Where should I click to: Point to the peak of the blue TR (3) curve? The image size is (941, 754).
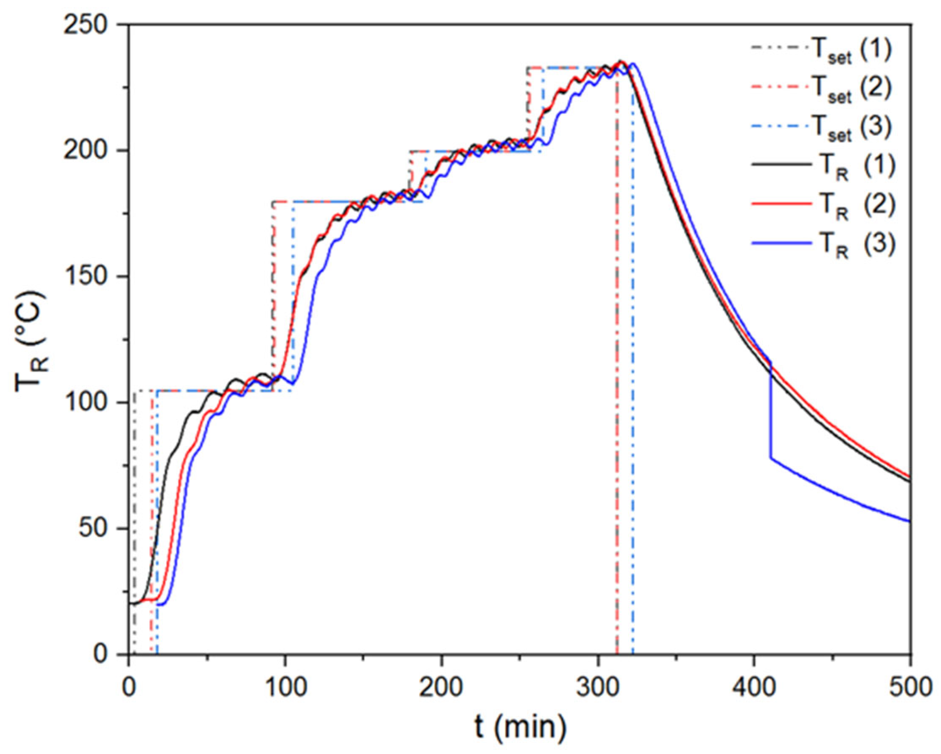[633, 63]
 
